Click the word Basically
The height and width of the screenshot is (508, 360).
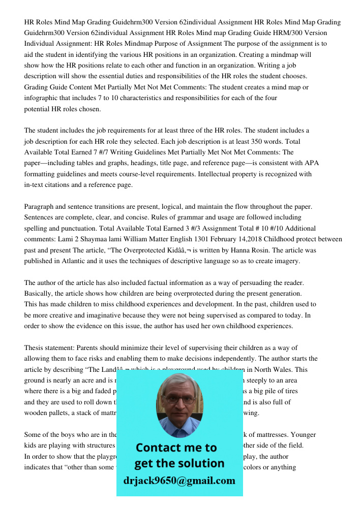[x=39, y=294]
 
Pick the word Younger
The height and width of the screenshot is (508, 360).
[x=301, y=435]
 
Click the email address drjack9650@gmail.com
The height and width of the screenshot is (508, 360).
[x=179, y=481]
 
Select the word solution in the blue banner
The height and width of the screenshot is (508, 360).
[x=200, y=463]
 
